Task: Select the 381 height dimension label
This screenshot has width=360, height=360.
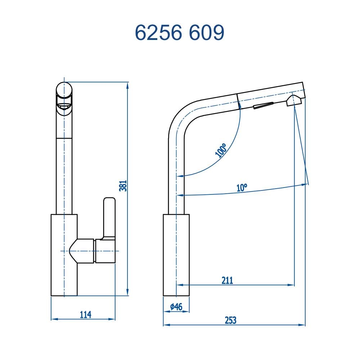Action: pyautogui.click(x=123, y=185)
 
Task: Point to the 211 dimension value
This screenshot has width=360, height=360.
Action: pyautogui.click(x=227, y=280)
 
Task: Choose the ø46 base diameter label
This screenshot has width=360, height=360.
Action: pyautogui.click(x=176, y=307)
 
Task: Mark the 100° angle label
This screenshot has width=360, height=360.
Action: pyautogui.click(x=221, y=150)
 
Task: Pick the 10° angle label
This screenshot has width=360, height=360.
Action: pyautogui.click(x=242, y=188)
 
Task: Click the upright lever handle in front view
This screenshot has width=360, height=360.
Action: pyautogui.click(x=109, y=216)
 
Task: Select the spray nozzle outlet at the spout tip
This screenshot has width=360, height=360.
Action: pyautogui.click(x=292, y=100)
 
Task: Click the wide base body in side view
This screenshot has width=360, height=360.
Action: pyautogui.click(x=176, y=255)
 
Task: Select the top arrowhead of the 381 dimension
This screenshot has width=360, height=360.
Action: pyautogui.click(x=128, y=85)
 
